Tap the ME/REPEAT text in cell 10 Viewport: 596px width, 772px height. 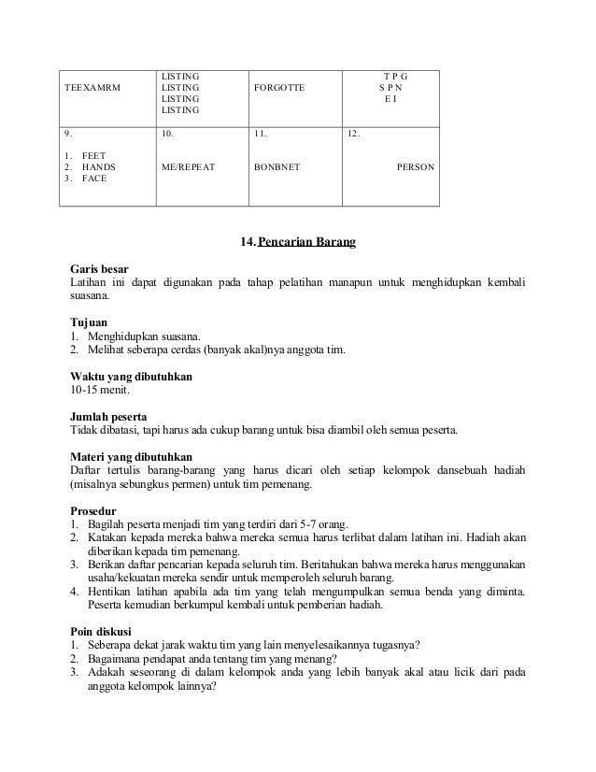[x=188, y=166]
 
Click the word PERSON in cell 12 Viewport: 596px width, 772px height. [x=415, y=166]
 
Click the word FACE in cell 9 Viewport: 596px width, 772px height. [x=94, y=178]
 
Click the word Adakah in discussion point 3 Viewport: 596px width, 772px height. [x=105, y=674]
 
